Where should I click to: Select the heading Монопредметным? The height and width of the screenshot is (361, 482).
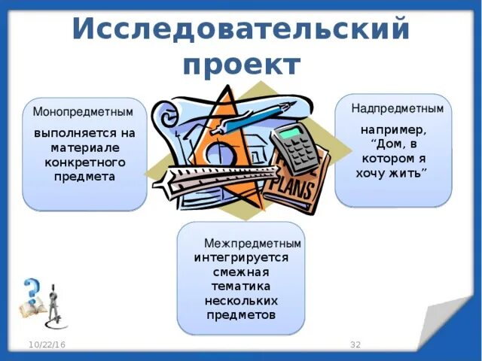[83, 111]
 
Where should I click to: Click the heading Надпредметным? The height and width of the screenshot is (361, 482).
[397, 108]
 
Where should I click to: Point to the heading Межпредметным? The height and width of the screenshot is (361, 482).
[252, 244]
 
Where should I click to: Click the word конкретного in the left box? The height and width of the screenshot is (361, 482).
[84, 162]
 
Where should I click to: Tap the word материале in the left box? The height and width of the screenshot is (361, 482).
[84, 148]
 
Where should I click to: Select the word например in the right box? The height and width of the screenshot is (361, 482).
[393, 129]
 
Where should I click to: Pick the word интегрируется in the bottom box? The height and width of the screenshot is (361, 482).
[241, 258]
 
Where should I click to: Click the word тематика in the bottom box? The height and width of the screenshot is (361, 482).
[241, 287]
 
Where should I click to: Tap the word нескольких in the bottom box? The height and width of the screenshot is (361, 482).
[241, 301]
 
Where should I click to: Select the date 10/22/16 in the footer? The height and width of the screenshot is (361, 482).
[47, 344]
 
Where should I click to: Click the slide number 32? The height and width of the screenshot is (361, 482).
[355, 344]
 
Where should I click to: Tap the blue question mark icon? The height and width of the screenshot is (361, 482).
[32, 290]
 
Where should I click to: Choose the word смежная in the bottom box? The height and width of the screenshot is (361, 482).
[241, 272]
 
